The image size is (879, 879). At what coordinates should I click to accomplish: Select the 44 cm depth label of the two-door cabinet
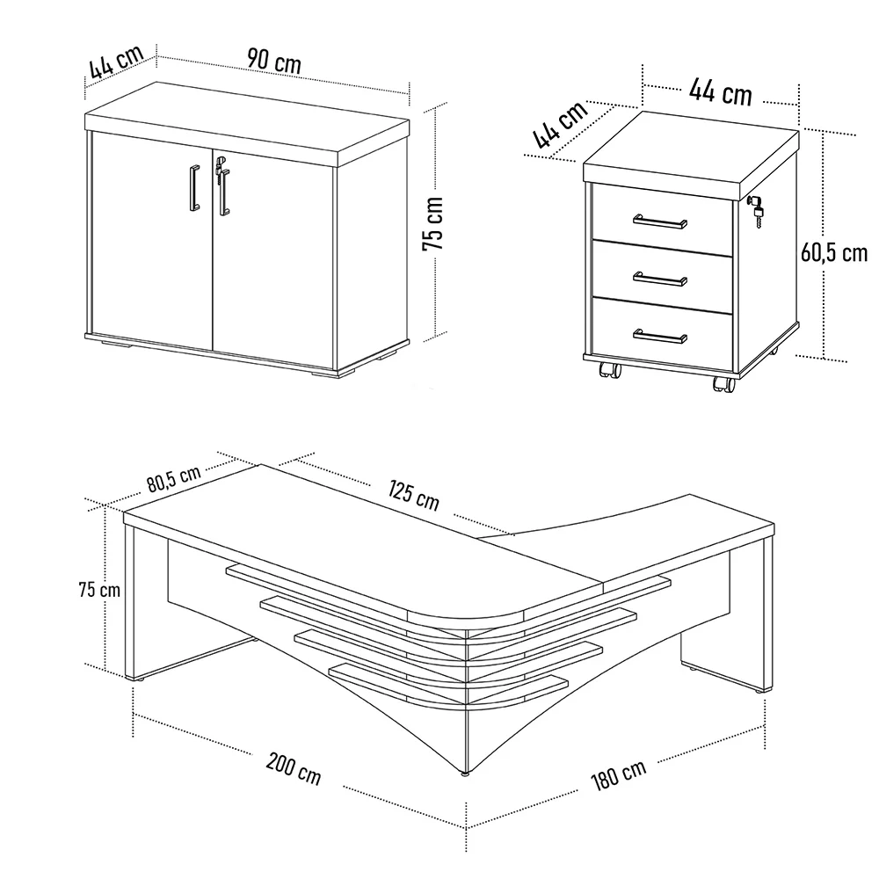[115, 62]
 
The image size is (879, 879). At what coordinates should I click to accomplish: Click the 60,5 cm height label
[833, 252]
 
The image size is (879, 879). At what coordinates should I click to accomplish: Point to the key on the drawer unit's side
[756, 208]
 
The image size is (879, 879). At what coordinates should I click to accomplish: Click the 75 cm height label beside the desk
[98, 589]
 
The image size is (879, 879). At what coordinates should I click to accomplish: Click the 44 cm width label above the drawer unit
[720, 90]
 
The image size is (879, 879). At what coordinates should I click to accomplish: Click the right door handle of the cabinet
[224, 192]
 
